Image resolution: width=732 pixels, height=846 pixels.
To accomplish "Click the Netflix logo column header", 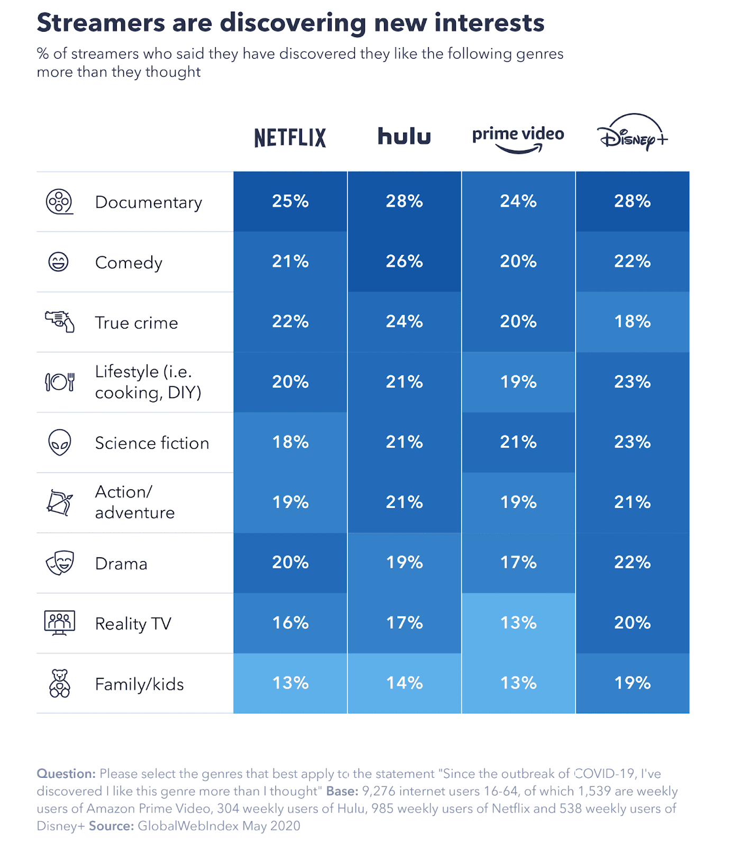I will [x=290, y=137].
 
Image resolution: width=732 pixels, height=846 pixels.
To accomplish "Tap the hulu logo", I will [x=404, y=136].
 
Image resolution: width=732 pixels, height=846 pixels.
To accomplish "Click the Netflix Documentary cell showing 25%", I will [x=290, y=201].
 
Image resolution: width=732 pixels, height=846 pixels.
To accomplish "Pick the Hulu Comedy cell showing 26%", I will [x=404, y=262].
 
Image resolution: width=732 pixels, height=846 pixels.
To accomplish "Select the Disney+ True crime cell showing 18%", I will [x=632, y=321].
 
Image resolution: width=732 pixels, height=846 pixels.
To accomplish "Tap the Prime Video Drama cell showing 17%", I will [x=518, y=563].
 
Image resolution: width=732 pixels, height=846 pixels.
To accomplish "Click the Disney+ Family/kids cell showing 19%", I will [x=632, y=683].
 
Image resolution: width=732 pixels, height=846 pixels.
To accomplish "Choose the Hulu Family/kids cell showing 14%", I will [x=404, y=683].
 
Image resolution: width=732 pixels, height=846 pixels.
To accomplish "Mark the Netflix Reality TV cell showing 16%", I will [x=290, y=623].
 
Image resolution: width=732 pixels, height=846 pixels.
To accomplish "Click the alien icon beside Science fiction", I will [x=59, y=442].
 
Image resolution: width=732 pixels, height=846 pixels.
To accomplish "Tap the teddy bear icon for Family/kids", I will [x=59, y=684].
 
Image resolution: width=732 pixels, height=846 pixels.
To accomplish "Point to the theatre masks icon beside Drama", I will [x=59, y=563].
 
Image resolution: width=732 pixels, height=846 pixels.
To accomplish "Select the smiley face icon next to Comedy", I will [x=58, y=262].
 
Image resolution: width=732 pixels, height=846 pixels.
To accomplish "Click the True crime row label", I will [x=136, y=323].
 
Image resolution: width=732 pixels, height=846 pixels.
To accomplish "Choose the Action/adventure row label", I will [x=134, y=502].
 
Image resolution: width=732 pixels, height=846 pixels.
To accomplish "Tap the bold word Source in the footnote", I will [x=111, y=826].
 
